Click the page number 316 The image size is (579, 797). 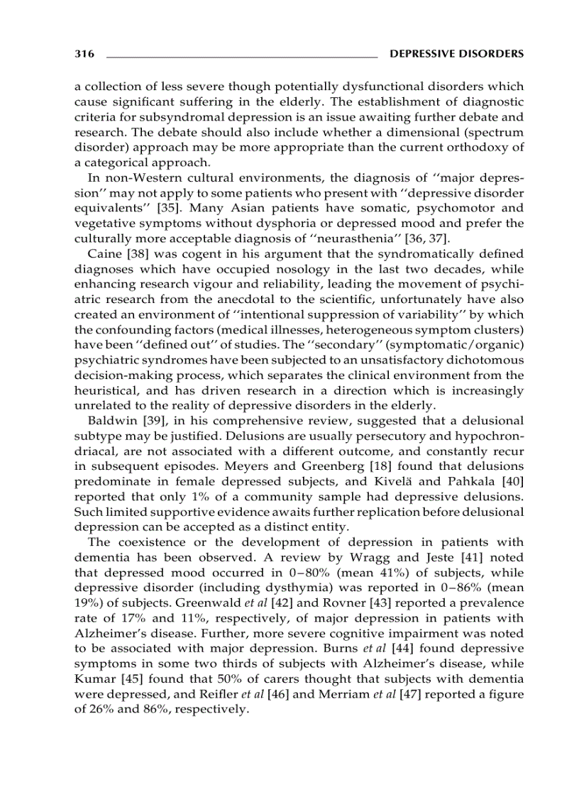84,53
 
